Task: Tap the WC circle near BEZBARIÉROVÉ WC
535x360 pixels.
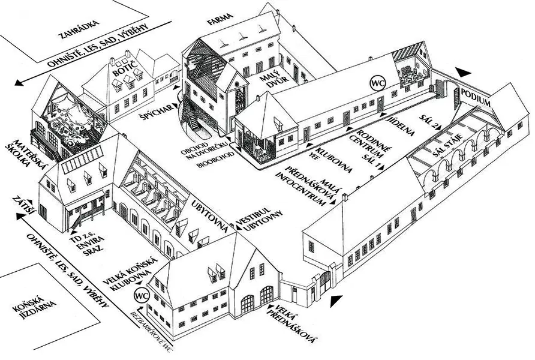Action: [x=142, y=295]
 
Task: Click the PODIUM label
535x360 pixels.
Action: [x=476, y=97]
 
